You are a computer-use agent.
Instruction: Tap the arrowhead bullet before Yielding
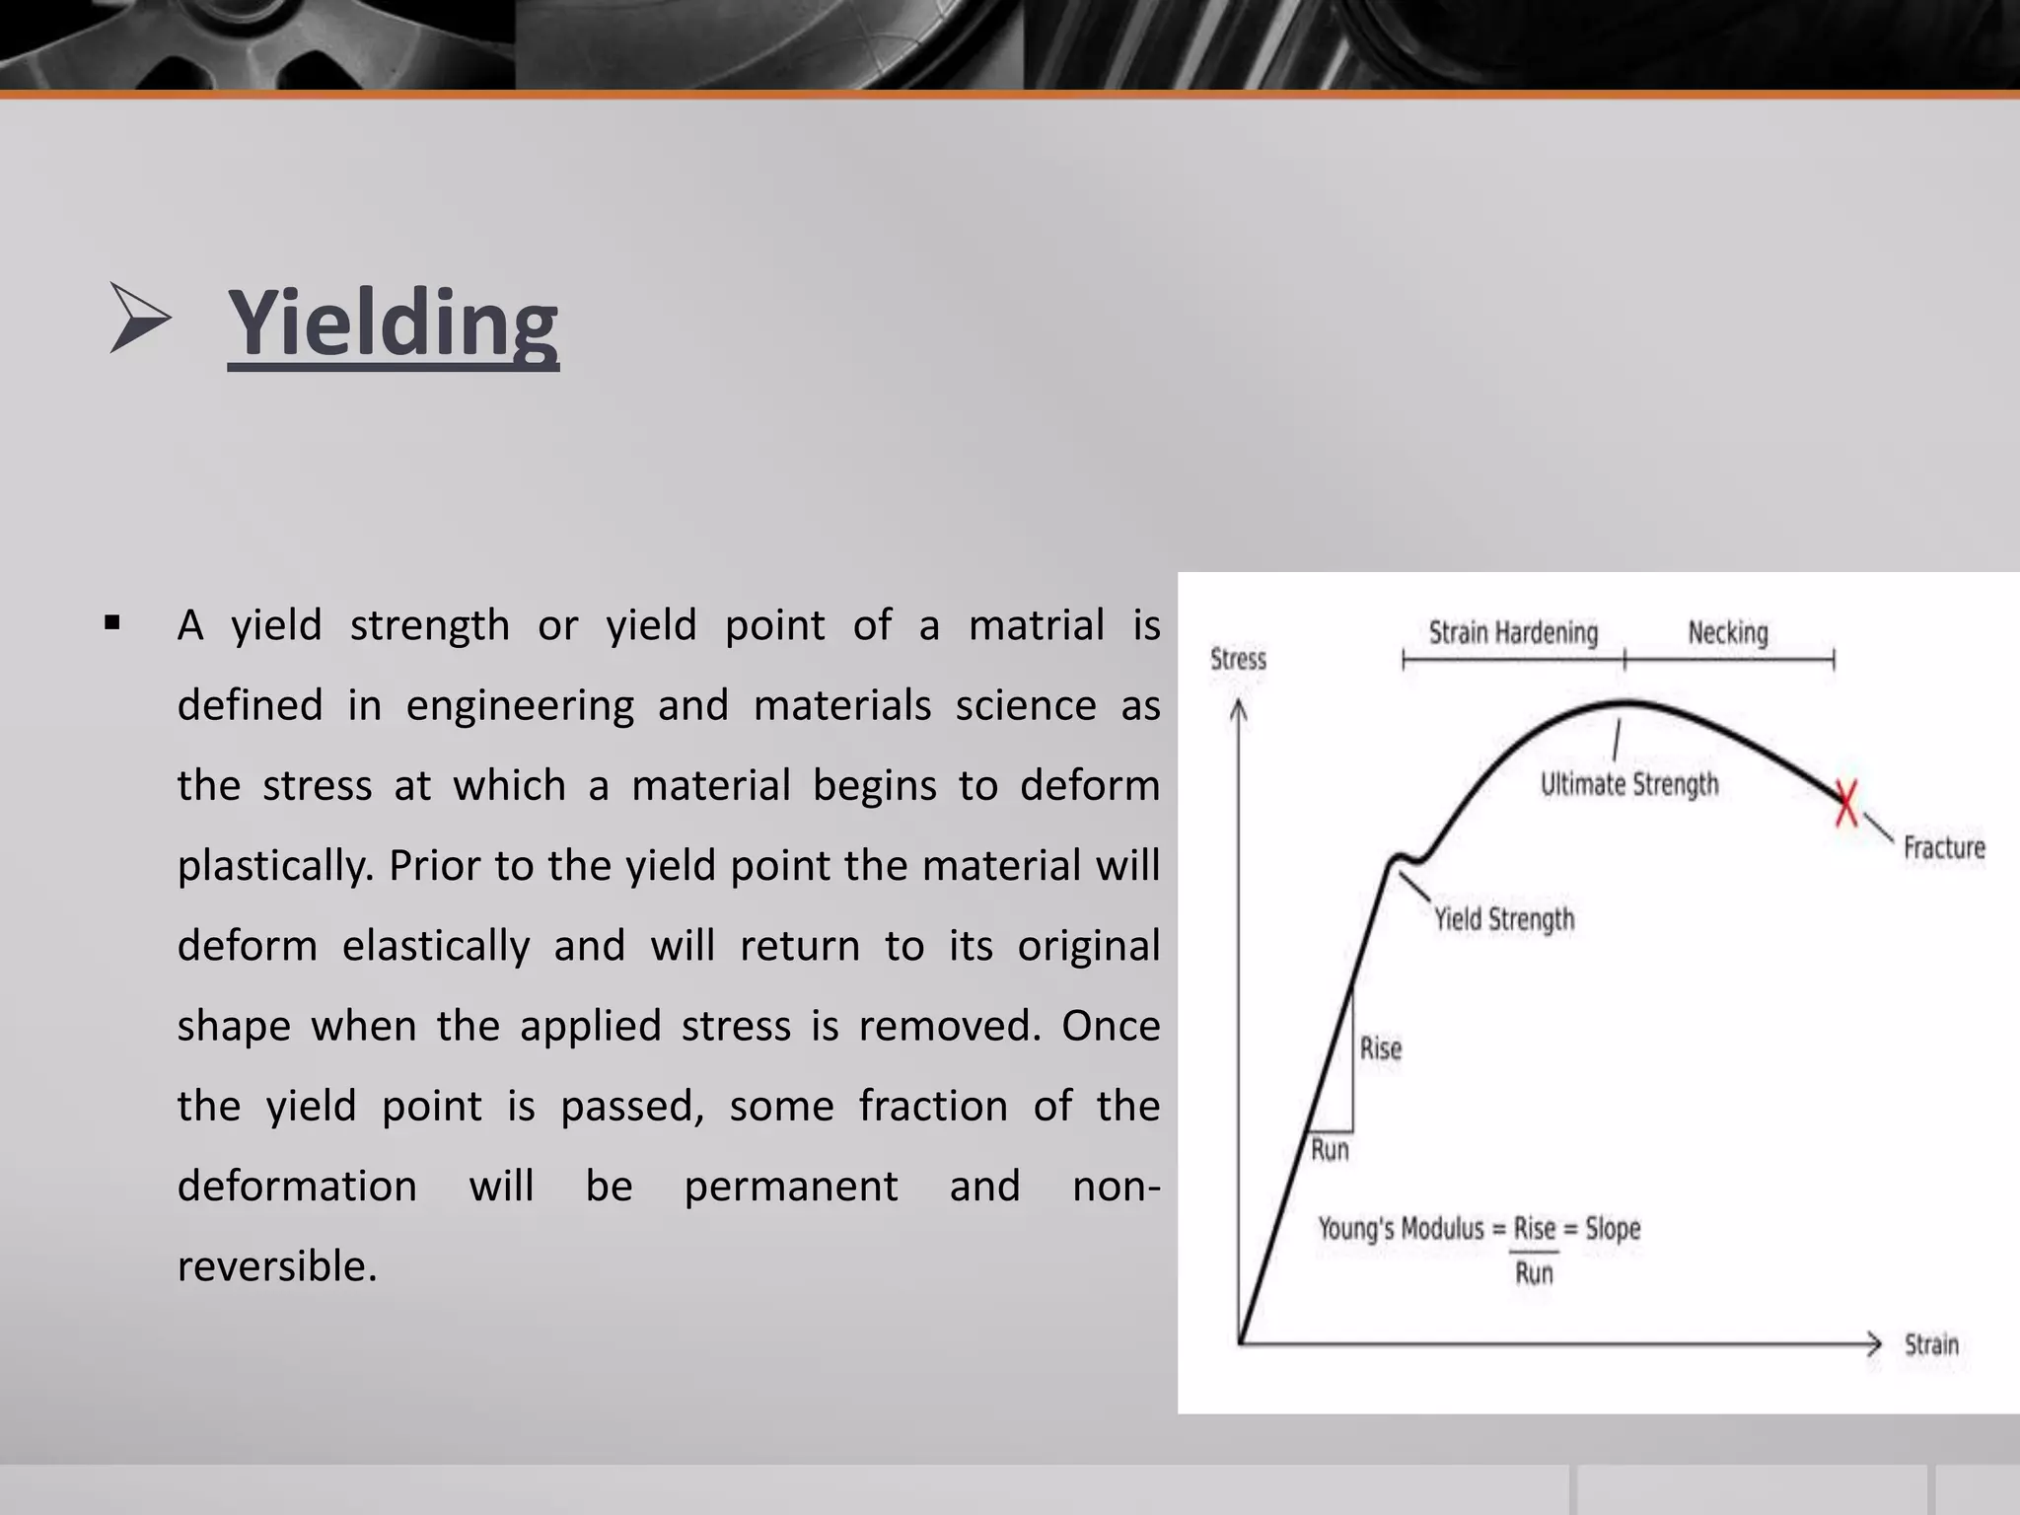139,318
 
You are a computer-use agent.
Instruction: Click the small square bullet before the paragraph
111,623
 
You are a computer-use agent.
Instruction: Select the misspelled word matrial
1036,625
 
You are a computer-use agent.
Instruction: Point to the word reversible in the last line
276,1266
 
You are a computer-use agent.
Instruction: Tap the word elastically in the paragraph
436,946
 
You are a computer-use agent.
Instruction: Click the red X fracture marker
1846,802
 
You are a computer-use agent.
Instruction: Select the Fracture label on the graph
1943,848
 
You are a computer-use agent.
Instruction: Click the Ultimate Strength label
1629,785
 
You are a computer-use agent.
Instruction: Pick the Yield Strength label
1504,919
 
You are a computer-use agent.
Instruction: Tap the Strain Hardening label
1513,632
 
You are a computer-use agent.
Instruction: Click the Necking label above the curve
1728,632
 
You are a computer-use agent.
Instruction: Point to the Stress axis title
1238,659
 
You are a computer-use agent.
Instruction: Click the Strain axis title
1931,1344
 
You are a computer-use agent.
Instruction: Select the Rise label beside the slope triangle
1380,1048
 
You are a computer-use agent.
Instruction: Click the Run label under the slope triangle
1330,1150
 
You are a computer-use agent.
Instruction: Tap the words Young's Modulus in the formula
1401,1229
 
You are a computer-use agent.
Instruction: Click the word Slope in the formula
1613,1229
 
